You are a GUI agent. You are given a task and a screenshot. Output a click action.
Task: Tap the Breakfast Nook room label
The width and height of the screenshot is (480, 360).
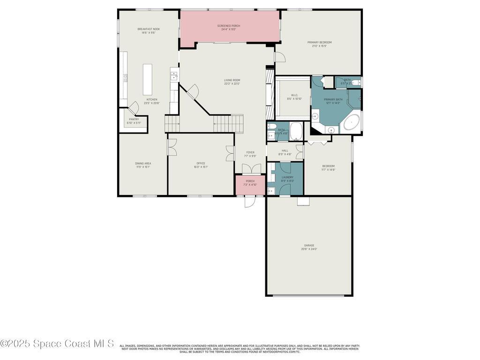[149, 29]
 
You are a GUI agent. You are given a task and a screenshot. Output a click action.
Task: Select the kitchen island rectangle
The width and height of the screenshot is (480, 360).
[148, 79]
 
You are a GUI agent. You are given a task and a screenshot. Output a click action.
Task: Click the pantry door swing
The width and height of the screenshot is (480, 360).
[134, 108]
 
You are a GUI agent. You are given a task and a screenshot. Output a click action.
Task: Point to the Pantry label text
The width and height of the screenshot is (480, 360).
[134, 119]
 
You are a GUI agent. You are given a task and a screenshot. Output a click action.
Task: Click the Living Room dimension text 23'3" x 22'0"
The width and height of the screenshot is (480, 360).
[232, 84]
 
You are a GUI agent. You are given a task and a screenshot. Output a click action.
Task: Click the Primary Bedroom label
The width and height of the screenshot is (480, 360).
[319, 42]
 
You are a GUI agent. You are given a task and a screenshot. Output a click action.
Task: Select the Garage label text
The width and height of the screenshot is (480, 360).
[309, 245]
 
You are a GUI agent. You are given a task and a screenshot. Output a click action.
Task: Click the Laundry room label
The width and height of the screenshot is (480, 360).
[287, 177]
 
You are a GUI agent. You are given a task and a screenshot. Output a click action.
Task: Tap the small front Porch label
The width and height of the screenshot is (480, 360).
[250, 181]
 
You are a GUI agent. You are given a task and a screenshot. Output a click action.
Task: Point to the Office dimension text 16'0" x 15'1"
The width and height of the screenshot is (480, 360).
[201, 167]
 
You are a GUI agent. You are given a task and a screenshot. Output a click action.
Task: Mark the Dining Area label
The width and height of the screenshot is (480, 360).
[143, 163]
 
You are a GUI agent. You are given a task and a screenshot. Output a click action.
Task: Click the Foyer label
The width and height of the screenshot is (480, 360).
[251, 152]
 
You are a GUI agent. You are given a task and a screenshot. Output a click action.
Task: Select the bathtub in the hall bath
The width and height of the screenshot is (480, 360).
[296, 131]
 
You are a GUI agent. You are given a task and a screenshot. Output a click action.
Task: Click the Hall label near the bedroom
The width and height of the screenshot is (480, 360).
[285, 150]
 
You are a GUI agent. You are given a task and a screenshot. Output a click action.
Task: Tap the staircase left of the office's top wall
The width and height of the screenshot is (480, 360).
[172, 124]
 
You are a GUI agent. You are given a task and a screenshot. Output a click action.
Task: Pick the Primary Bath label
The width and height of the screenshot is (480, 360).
[333, 99]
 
